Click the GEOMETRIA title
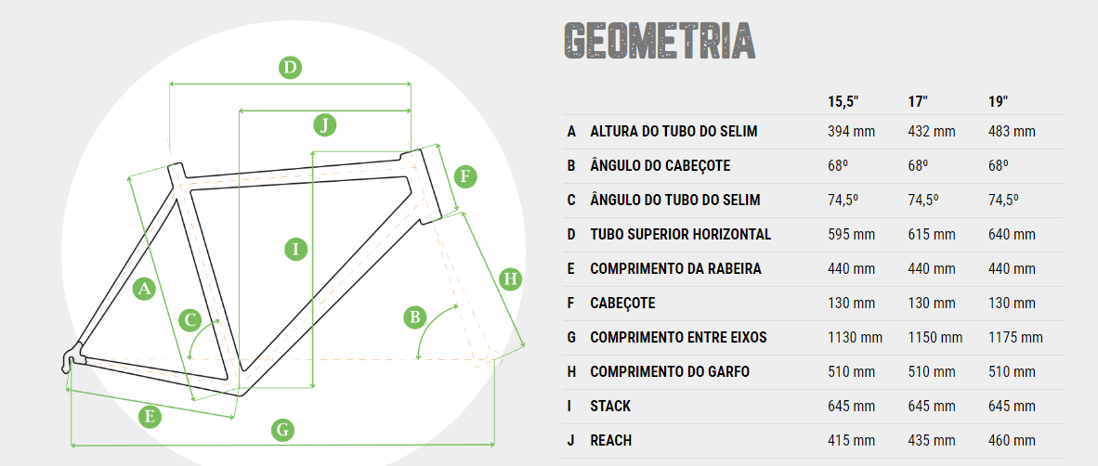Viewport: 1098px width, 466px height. (659, 41)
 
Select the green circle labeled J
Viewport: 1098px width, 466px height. (323, 125)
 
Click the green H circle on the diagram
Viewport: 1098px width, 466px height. (511, 279)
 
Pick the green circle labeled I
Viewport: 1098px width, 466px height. (295, 249)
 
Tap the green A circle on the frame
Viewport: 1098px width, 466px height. (144, 289)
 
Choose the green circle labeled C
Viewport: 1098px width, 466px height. (190, 320)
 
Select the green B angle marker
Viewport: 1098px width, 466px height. (415, 317)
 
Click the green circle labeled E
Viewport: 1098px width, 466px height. (150, 417)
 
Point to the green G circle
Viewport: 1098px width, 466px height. (282, 429)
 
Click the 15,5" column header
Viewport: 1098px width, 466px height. (843, 101)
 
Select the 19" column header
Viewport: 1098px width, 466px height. (999, 101)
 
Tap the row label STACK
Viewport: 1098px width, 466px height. (610, 406)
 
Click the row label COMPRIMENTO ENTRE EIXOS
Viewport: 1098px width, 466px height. (678, 337)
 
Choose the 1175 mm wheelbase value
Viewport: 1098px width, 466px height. (1015, 337)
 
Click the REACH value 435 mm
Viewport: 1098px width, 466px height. (932, 440)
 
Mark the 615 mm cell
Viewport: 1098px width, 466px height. (932, 235)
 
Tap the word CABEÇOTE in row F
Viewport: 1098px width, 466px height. (622, 303)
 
